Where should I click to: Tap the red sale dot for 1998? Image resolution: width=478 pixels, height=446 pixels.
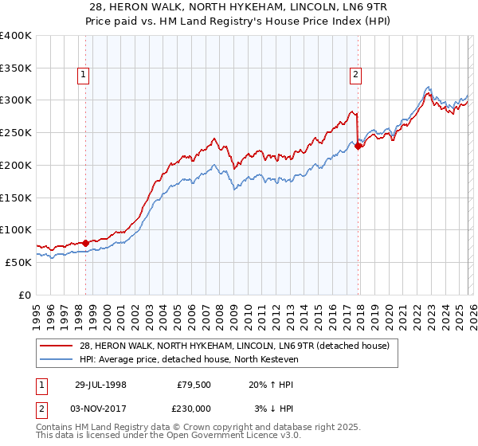[86, 242]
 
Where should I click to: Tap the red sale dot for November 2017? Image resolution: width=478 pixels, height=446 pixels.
[358, 145]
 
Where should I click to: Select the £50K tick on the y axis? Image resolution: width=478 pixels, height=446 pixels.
[17, 262]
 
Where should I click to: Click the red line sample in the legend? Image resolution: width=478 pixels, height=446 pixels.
[58, 346]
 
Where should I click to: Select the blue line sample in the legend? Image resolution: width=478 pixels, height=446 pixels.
[58, 359]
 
